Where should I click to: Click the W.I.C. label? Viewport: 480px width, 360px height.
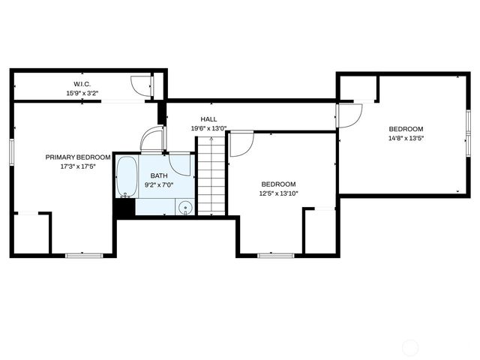coord(82,84)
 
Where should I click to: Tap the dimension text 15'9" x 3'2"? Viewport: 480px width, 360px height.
coord(82,94)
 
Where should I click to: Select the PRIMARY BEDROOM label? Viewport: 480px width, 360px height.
coord(78,157)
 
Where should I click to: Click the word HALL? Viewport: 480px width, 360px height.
coord(208,119)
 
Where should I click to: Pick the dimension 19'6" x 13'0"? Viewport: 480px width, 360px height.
coord(208,128)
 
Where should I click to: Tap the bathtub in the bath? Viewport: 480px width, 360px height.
coord(127,177)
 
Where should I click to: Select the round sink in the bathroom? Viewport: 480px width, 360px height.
coord(185,208)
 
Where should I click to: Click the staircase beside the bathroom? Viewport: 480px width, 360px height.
coord(211,176)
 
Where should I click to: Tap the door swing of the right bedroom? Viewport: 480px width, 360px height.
coord(349,114)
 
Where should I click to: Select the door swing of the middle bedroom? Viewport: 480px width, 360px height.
coord(241,143)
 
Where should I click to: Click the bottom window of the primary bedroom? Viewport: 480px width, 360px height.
coord(84,256)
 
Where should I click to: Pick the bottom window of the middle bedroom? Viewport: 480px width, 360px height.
coord(275,256)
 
